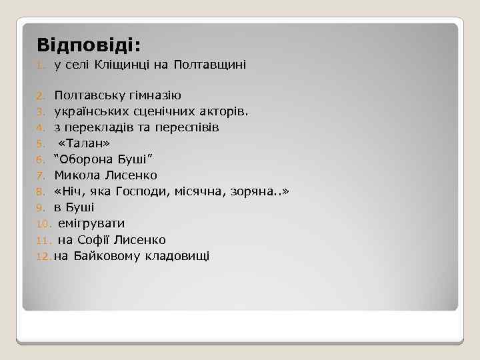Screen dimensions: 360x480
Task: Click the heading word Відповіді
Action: (89, 45)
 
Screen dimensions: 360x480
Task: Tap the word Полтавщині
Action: (209, 65)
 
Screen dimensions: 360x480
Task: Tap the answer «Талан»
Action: (85, 143)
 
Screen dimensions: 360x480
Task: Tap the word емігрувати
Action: (91, 223)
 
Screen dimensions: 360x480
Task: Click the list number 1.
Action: (40, 65)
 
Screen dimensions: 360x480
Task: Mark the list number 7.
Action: (40, 176)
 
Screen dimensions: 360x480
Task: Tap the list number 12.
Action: (43, 256)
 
